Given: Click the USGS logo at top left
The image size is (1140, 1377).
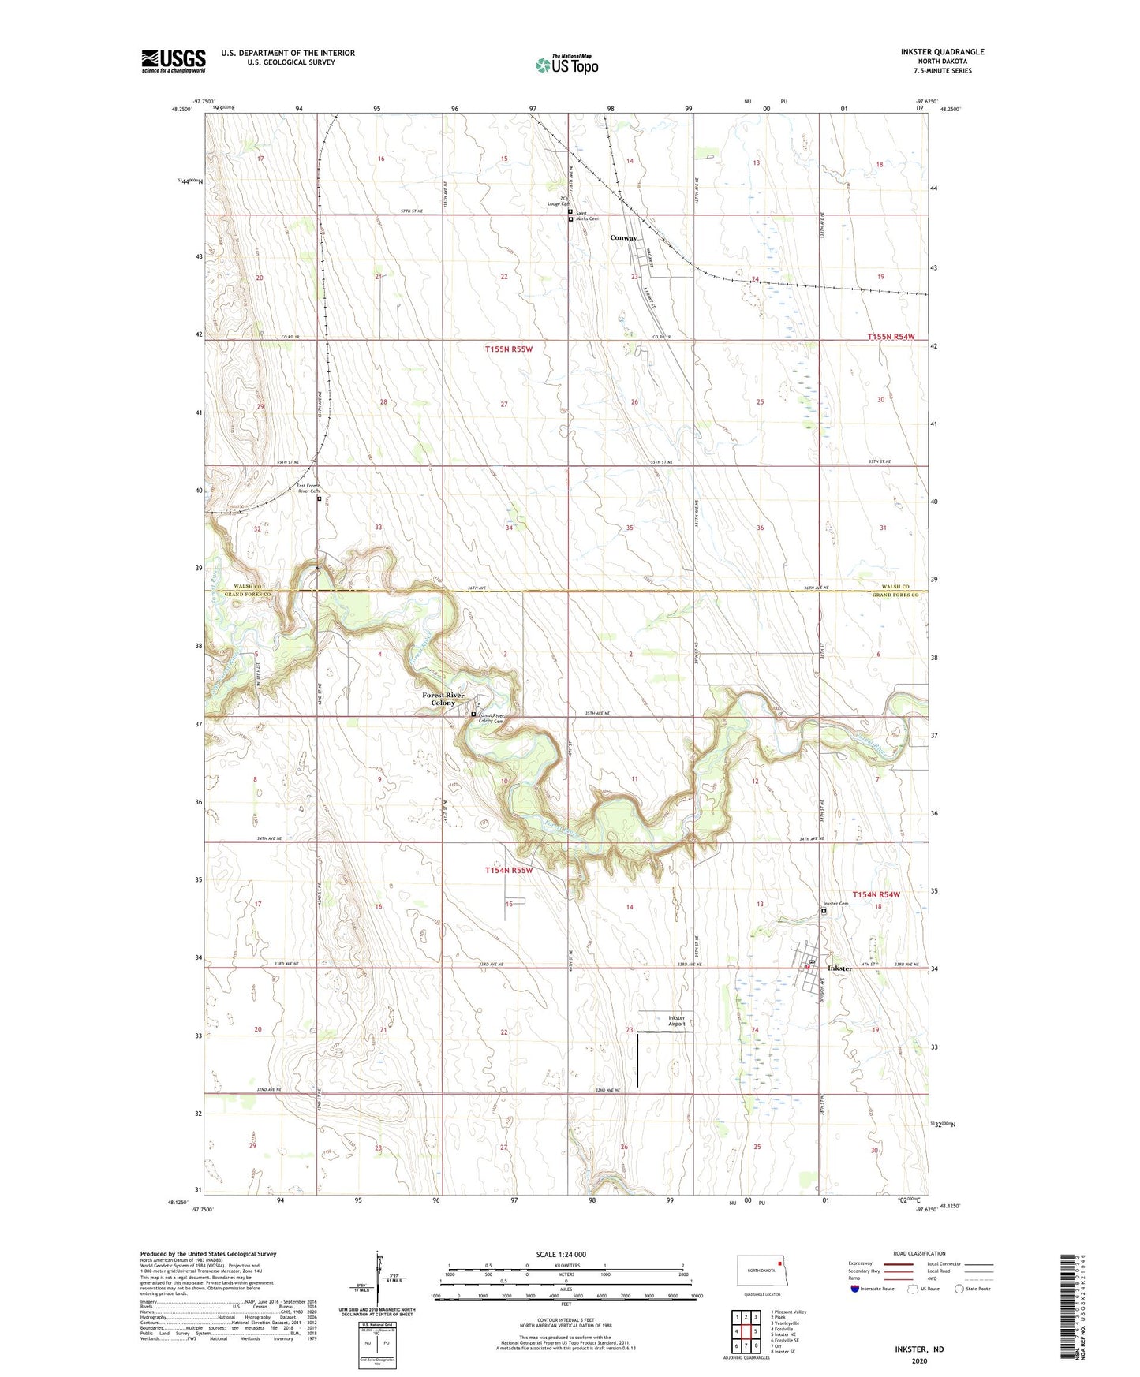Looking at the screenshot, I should coord(173,61).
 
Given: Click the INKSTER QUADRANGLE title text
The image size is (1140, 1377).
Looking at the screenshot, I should coord(942,52).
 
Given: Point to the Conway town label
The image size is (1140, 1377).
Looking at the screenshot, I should coord(623,238).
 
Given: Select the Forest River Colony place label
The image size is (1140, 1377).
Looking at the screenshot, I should coord(443,699).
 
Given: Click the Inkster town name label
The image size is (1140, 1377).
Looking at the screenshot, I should coord(839,968).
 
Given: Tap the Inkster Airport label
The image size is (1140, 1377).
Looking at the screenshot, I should coord(676,1021).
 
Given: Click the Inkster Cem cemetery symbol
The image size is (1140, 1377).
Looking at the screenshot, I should coord(824,911).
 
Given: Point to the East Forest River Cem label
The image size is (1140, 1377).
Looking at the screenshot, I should coord(308,488).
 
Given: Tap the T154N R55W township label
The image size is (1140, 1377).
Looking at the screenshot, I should coord(508,871).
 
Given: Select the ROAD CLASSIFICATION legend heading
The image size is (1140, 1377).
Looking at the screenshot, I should coord(919,1253).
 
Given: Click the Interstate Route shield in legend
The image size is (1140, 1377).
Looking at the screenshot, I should coord(855,1289).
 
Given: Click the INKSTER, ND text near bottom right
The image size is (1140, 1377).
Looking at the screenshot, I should coord(919,1349).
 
